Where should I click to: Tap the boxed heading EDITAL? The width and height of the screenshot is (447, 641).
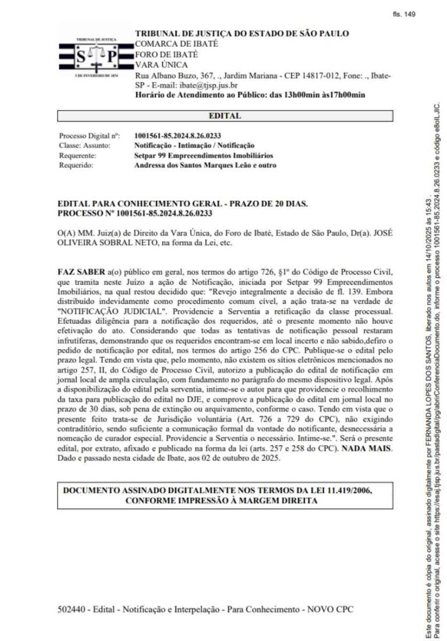pos(225,116)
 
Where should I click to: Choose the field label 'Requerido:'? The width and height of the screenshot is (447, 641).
pos(76,165)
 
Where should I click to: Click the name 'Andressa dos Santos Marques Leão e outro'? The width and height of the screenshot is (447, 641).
pos(205,165)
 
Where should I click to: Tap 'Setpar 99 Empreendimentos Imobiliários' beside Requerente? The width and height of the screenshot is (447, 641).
pos(204,155)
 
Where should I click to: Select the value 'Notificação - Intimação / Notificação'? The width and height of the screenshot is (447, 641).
pos(194,146)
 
